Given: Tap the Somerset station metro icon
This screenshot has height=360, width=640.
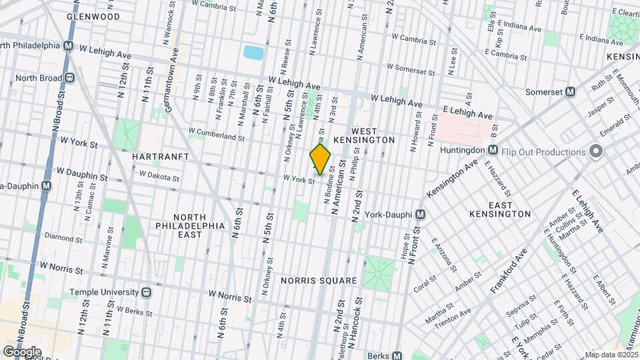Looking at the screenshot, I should (x=570, y=92).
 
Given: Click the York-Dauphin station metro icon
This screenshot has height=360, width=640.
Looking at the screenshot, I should (x=420, y=215).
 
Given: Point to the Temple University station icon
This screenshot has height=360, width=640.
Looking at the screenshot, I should (x=146, y=292).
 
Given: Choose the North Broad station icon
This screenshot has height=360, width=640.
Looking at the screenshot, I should (x=68, y=77).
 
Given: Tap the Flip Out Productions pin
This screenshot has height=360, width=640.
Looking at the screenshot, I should (x=595, y=152).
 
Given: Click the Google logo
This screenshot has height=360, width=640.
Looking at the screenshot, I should (x=21, y=351).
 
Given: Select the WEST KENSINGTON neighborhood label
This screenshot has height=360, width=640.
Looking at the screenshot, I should (x=373, y=135).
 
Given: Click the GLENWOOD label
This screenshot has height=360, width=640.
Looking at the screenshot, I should (x=93, y=16).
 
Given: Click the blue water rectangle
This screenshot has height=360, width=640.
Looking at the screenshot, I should (x=253, y=52).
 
